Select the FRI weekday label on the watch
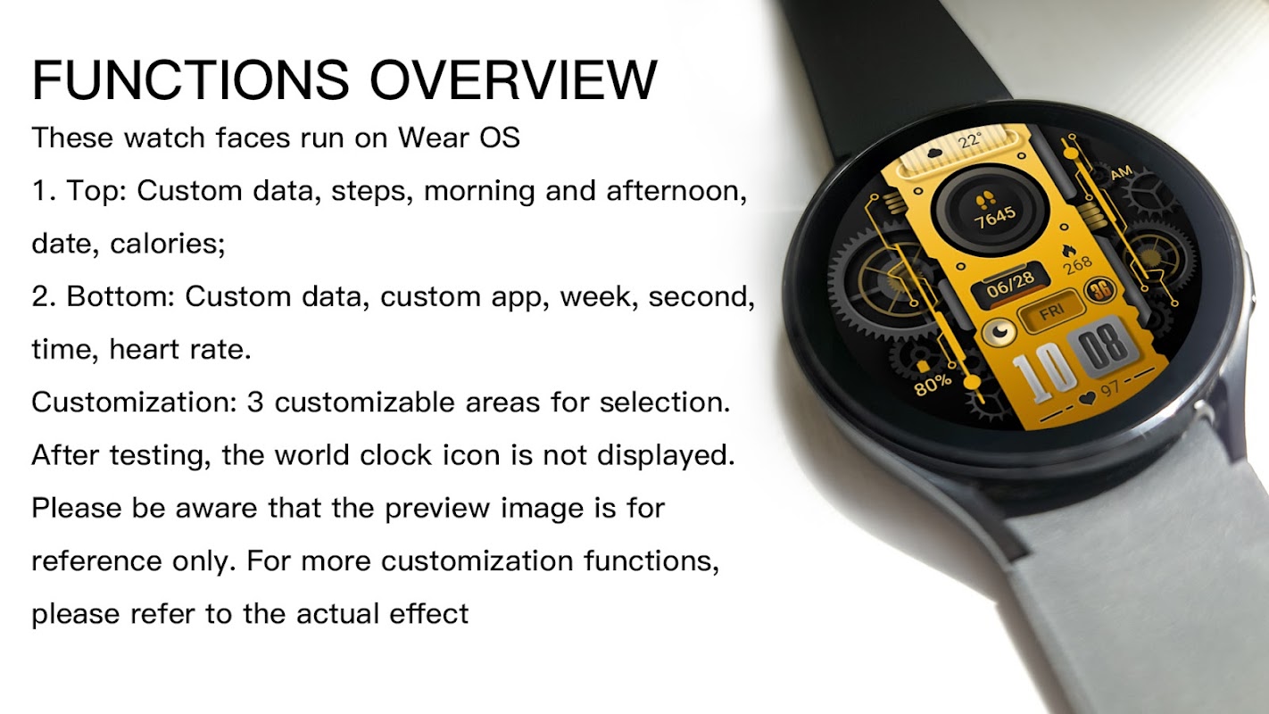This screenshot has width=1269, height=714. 1052,312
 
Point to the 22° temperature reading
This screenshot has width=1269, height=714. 969,140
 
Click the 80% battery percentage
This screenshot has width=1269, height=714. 933,384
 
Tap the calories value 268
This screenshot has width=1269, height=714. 1077,265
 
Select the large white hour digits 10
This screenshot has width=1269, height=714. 1043,372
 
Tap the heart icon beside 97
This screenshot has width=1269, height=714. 1087,399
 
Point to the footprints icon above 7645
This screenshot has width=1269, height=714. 986,199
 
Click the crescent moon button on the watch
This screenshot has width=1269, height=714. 999,331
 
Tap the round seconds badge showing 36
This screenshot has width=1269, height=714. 1100,291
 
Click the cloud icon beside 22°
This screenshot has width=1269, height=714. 934,152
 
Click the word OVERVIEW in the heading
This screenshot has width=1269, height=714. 513,80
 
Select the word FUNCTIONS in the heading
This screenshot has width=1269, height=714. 190,80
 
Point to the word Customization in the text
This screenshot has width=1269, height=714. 134,403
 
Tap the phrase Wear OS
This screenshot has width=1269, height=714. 459,137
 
